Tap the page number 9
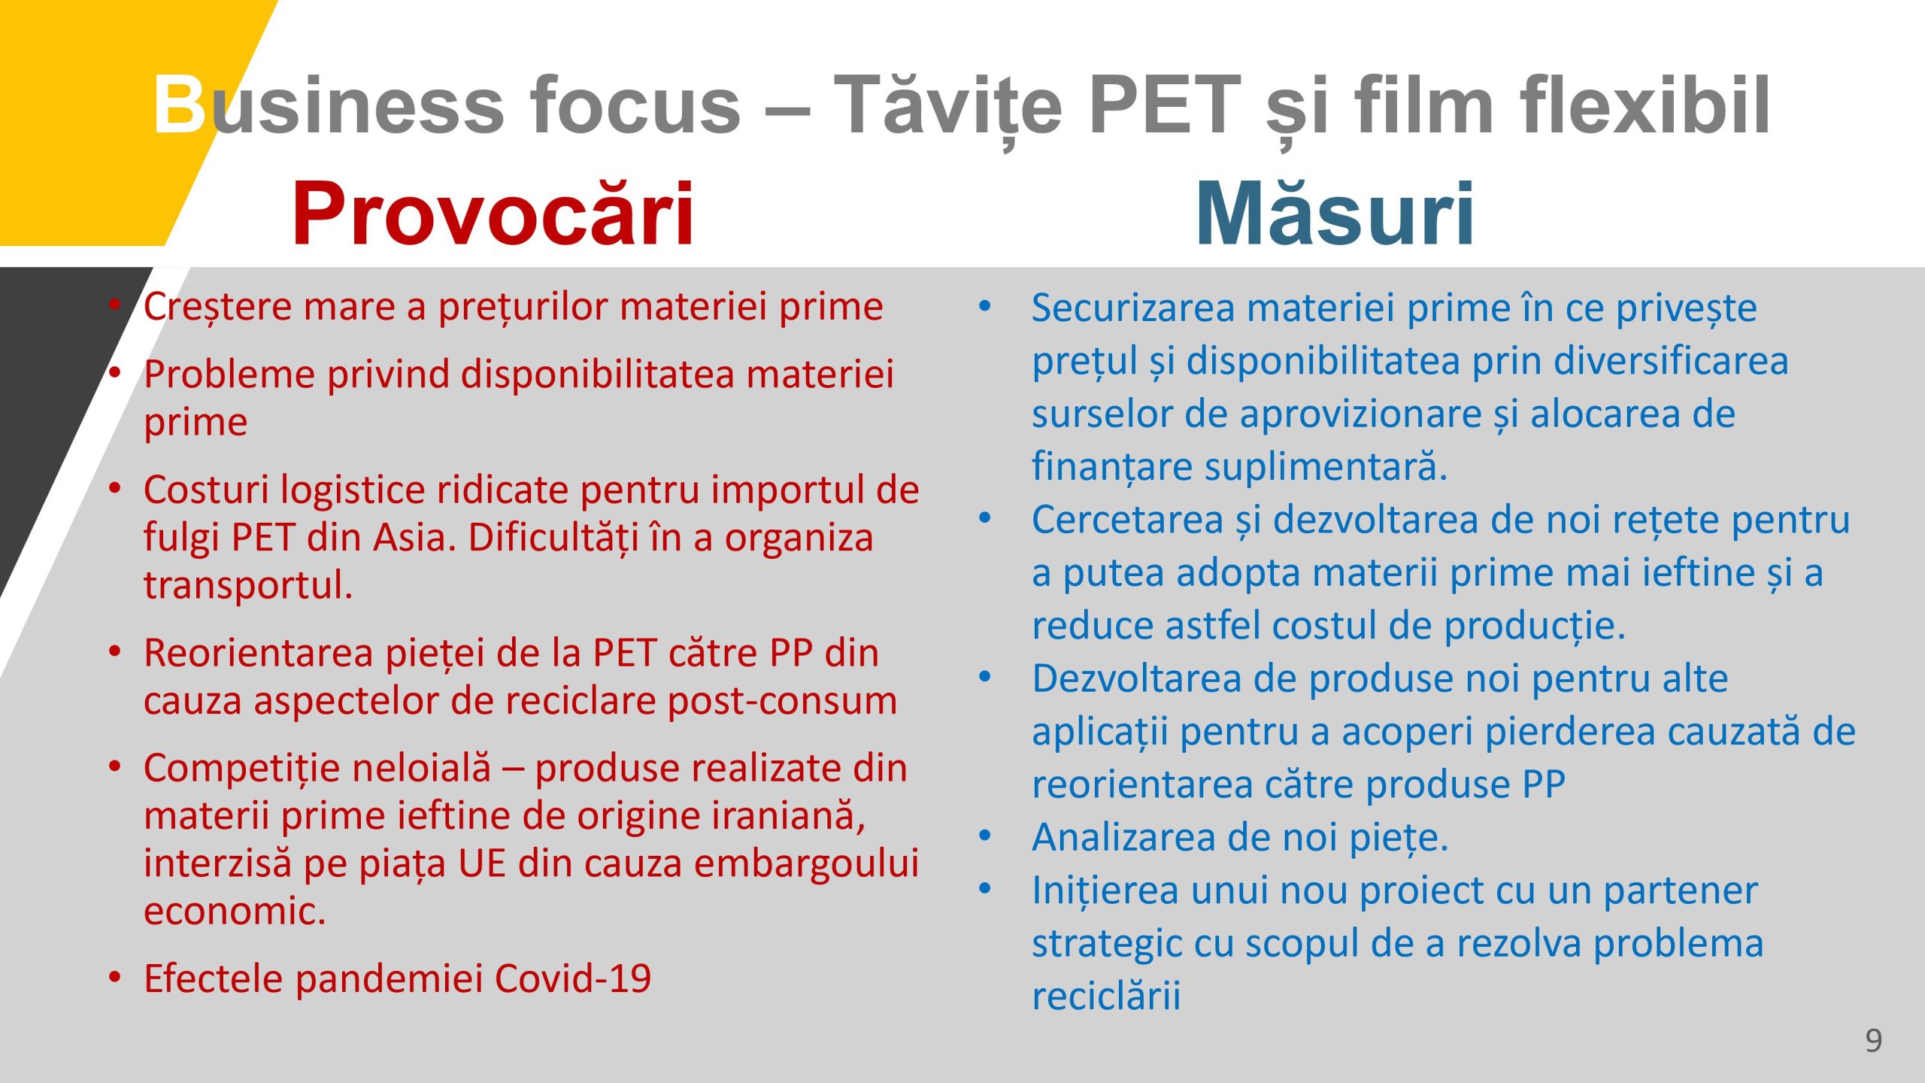pyautogui.click(x=1873, y=1040)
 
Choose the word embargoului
pyautogui.click(x=806, y=863)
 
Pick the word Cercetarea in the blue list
pyautogui.click(x=1127, y=520)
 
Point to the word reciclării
pyautogui.click(x=1106, y=997)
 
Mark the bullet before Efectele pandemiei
pyautogui.click(x=115, y=977)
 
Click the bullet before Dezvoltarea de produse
pyautogui.click(x=985, y=677)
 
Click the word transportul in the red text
pyautogui.click(x=247, y=585)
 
